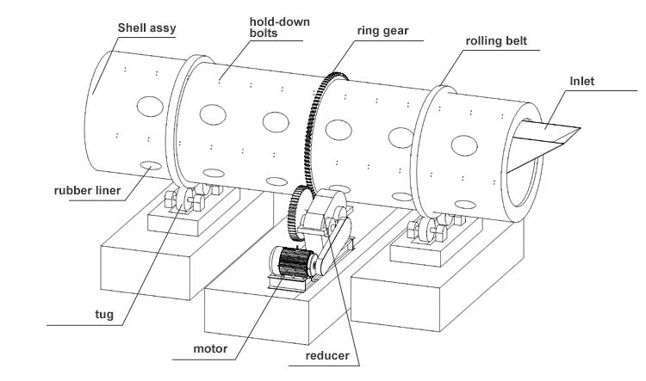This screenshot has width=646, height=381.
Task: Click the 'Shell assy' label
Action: coord(146,28)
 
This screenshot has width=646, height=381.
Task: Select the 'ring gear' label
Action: coord(383,32)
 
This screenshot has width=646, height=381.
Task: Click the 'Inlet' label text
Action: coord(581,82)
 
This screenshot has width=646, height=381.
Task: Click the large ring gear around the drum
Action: coord(315,129)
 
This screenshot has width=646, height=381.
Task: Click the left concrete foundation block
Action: coord(151,258)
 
